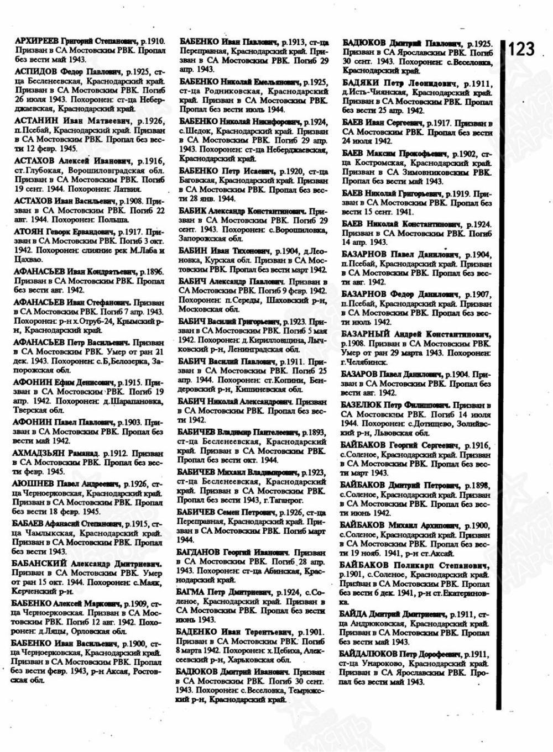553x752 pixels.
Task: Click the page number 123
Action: coord(521,49)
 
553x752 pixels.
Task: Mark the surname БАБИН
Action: coord(194,251)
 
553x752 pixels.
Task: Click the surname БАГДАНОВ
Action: coord(200,553)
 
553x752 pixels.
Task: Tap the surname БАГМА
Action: coord(192,592)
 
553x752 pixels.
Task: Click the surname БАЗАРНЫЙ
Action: coord(366,335)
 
